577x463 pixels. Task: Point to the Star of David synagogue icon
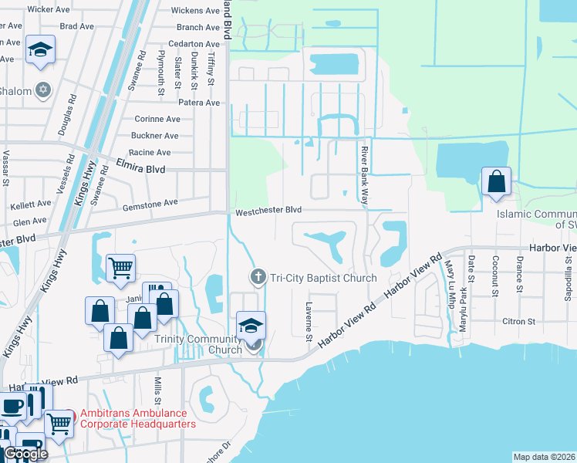(43, 90)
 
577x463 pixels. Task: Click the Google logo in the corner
(25, 454)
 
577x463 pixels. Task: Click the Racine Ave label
(151, 153)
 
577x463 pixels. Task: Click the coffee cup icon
(12, 406)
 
